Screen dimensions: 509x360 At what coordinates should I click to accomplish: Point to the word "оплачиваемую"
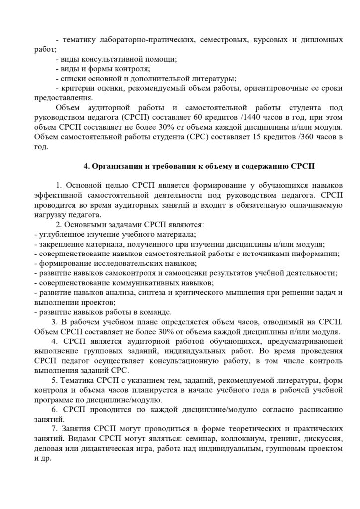(x=313, y=205)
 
